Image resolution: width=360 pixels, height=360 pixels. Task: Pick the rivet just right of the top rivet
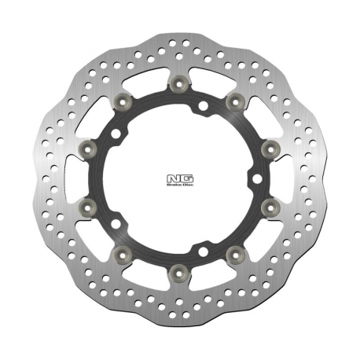[233, 100]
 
